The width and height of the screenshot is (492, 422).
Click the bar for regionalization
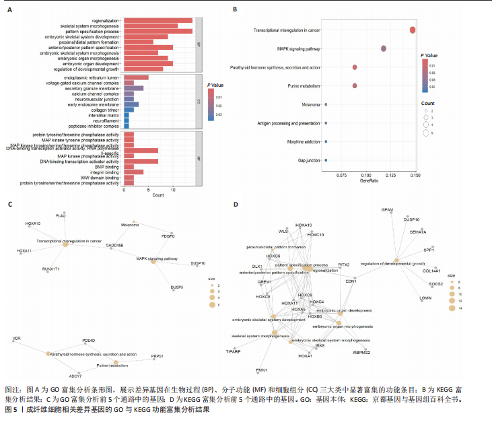[x=157, y=21]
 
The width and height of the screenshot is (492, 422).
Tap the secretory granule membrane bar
[x=133, y=88]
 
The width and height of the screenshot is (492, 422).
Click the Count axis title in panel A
[x=158, y=195]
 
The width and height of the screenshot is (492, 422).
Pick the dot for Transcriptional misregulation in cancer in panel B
[x=413, y=30]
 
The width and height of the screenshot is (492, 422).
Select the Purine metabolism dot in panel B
[x=355, y=86]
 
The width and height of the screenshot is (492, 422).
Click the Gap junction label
[x=308, y=161]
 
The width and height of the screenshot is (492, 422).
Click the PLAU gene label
[x=61, y=215]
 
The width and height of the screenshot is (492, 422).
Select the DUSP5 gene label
[x=177, y=287]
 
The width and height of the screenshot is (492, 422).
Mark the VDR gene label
[x=17, y=338]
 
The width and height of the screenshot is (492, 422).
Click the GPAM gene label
[x=387, y=209]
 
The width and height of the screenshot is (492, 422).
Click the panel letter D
[x=235, y=204]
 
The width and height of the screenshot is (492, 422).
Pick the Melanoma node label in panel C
[x=130, y=225]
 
